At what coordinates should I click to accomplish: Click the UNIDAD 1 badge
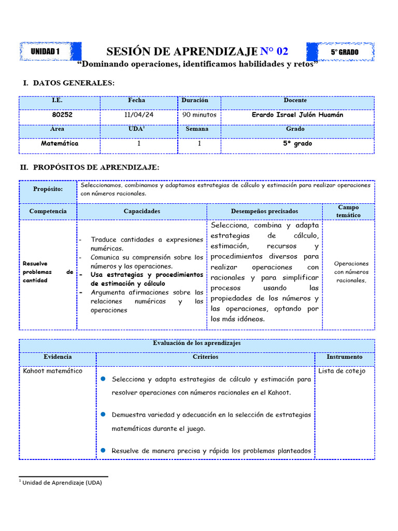coord(46,51)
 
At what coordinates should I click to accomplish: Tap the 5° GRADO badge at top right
coord(345,52)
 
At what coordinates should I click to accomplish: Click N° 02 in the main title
coord(274,51)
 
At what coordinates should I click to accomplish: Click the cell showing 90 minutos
coord(199,115)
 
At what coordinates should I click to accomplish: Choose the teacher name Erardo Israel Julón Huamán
coord(297,115)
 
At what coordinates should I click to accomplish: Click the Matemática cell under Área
coord(60,144)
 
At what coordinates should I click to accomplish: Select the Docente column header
coord(295,101)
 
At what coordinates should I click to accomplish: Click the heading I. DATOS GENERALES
coord(67,83)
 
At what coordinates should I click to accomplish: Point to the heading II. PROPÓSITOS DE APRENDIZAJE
coord(90,167)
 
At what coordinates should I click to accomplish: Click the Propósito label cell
coord(48,189)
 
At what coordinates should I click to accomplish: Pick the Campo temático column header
coord(348,211)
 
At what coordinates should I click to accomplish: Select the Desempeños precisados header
coord(264,212)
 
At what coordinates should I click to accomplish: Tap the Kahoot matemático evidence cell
coord(52,371)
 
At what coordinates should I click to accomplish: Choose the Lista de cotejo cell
coord(342,371)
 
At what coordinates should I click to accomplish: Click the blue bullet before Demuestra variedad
coord(103,414)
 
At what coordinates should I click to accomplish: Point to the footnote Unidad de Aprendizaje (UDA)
coord(62,483)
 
